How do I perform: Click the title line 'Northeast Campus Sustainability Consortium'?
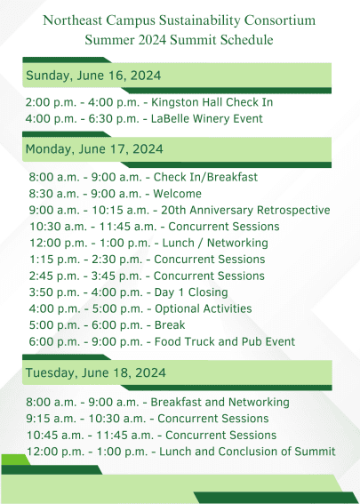point(180,19)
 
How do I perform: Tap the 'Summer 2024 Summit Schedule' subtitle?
point(180,40)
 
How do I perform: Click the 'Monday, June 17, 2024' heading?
point(94,148)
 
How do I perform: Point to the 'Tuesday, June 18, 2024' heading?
point(95,372)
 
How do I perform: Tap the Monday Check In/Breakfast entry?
point(143,177)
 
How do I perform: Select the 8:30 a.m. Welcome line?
point(115,194)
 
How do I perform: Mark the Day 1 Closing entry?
point(132,292)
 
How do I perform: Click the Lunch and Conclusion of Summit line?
point(180,452)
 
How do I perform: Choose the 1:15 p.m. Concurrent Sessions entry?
point(146,260)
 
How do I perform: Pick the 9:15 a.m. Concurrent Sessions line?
point(148,419)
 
